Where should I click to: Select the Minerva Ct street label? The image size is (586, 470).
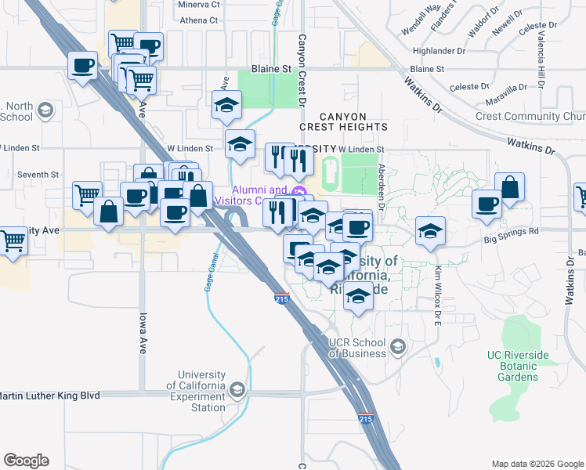(200, 4)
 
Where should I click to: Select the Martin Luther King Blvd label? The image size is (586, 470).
(51, 396)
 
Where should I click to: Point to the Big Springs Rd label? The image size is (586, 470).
(512, 232)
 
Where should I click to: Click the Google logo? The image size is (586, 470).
(26, 461)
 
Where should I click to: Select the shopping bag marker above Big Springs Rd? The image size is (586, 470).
(510, 188)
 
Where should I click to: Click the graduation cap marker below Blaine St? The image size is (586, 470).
(226, 107)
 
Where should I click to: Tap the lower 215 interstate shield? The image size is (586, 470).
(365, 419)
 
